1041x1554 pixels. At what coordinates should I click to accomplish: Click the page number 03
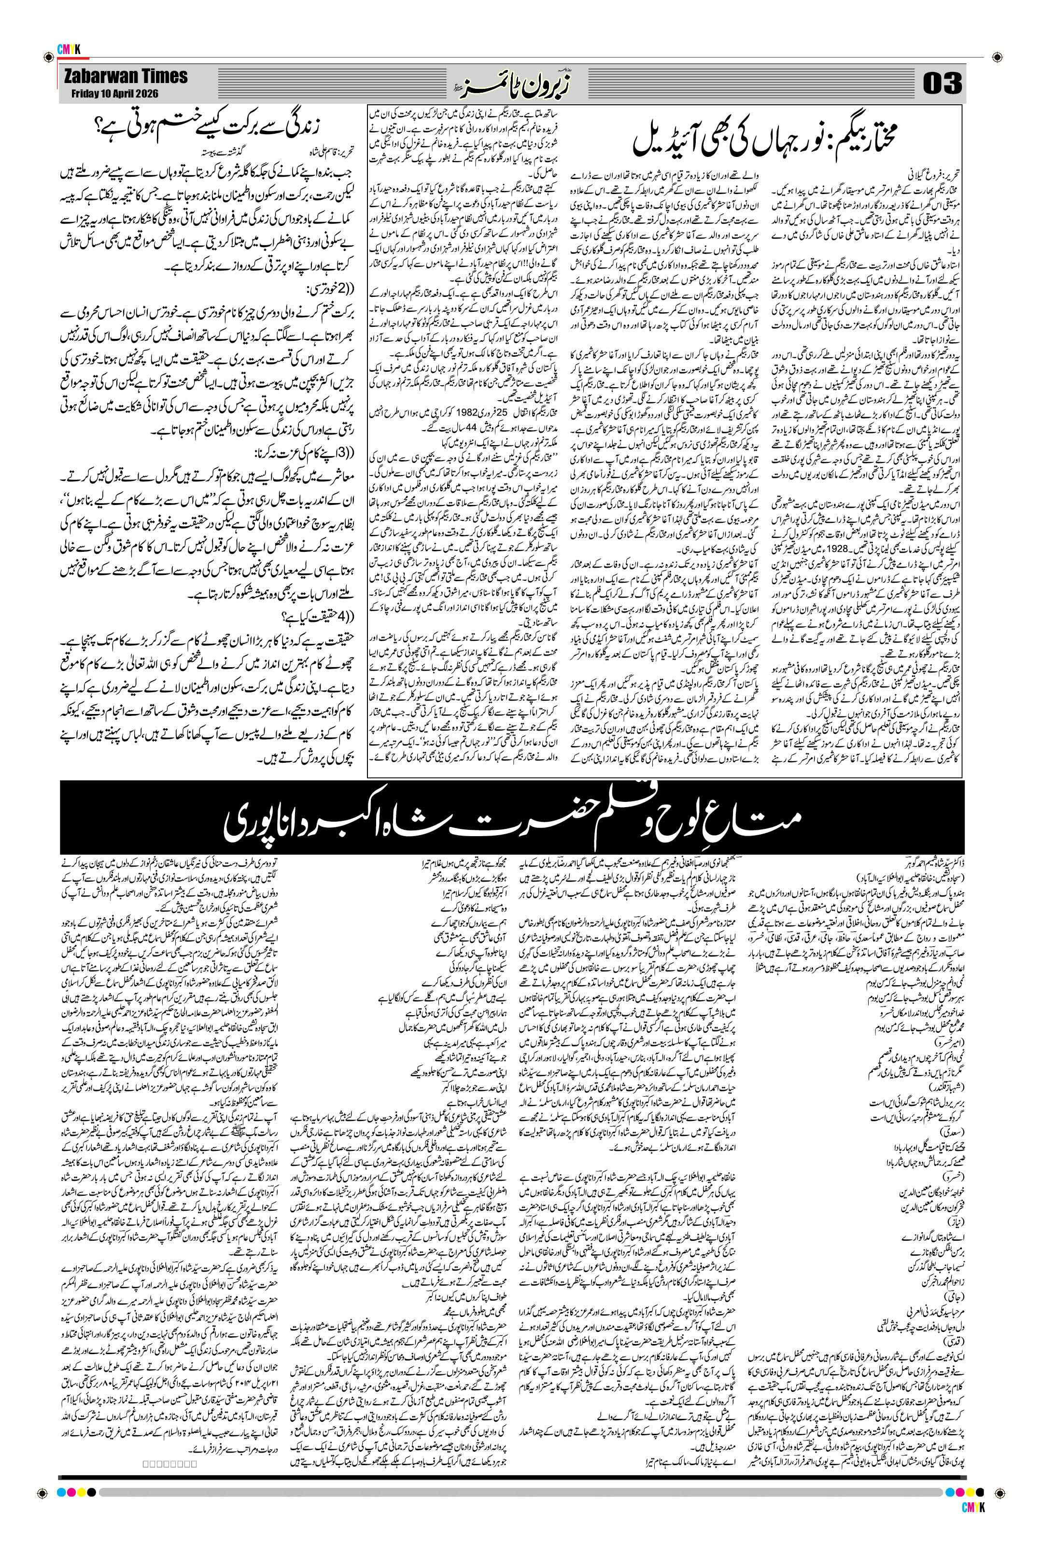pos(942,84)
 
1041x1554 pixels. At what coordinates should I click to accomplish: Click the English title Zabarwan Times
pos(126,76)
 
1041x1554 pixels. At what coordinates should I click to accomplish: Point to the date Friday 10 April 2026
pos(115,94)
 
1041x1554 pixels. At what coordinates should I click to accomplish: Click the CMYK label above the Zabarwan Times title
pos(69,50)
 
